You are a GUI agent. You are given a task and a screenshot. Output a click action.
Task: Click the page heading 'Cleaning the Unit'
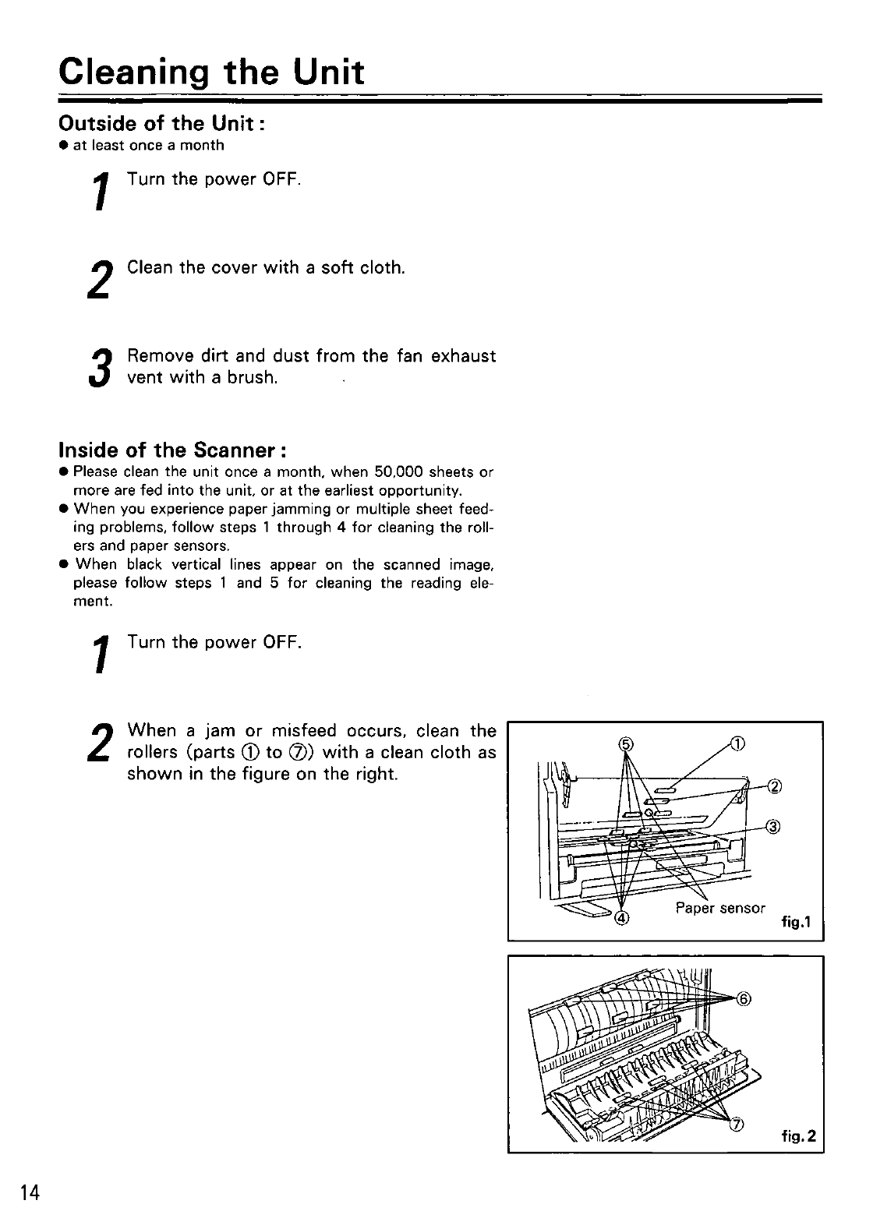[211, 72]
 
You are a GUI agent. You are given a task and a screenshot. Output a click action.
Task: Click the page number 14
[30, 1192]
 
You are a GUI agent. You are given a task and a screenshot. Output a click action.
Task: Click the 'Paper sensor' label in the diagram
[720, 909]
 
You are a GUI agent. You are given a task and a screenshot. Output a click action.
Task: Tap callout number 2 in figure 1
[774, 785]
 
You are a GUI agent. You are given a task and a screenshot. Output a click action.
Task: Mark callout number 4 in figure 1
[621, 917]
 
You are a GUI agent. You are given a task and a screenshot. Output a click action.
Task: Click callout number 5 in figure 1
[624, 743]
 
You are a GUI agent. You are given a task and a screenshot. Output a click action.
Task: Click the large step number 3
[97, 369]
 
